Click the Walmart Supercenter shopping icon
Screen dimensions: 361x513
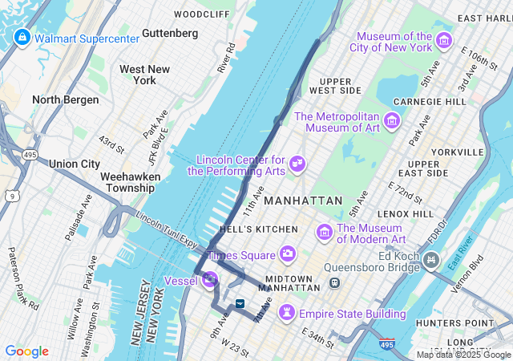pos(21,37)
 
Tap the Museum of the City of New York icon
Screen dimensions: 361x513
pos(444,42)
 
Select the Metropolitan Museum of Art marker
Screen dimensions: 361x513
pos(392,121)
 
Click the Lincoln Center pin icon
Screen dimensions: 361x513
pos(297,164)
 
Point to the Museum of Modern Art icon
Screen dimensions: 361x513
pos(325,233)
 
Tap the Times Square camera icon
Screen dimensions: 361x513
pos(287,254)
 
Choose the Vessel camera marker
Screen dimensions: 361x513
pos(209,279)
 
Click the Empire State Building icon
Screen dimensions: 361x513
pos(285,313)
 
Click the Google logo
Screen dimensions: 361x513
pos(26,351)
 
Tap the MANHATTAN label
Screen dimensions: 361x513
pos(302,200)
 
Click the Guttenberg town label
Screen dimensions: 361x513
pos(169,33)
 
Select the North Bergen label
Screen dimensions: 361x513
pos(66,99)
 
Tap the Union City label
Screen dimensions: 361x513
pos(75,164)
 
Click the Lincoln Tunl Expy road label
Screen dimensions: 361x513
pos(168,218)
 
